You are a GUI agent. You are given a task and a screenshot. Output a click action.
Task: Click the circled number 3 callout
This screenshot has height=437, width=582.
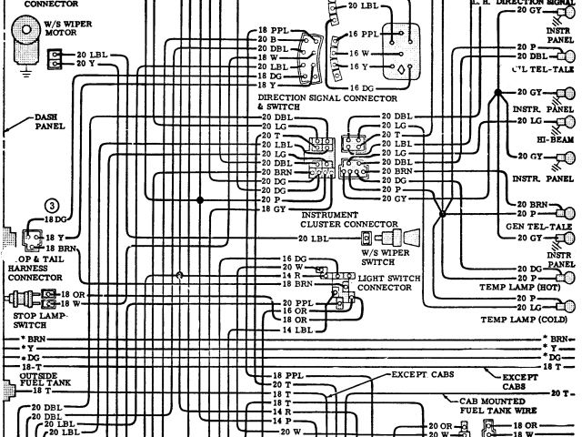52,205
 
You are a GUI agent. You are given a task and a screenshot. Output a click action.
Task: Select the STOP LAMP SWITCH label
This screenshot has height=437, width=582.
32,320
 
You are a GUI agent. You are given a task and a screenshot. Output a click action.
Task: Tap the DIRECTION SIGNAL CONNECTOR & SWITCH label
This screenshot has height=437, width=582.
326,101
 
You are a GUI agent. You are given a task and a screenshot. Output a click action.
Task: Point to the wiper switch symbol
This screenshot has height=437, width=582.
400,238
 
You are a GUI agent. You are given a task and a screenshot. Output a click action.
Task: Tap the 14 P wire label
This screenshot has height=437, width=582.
281,421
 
